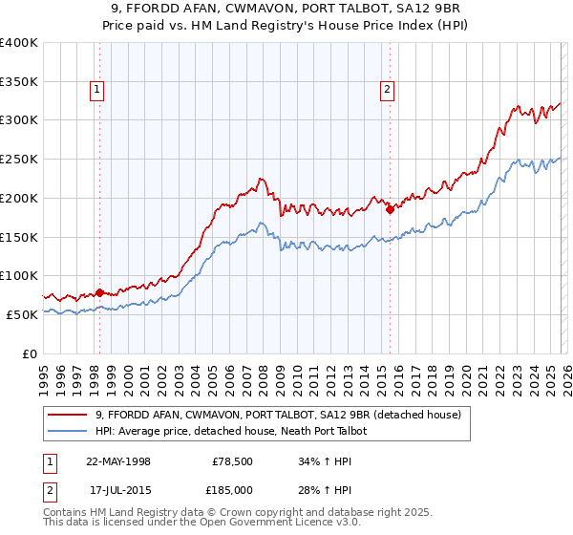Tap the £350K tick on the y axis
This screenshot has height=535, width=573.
click(x=19, y=82)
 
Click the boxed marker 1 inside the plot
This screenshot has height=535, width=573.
click(x=98, y=91)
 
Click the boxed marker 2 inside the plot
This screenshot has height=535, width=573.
click(x=388, y=91)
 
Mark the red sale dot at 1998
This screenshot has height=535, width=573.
click(x=100, y=292)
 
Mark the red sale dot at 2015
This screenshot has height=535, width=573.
click(x=390, y=210)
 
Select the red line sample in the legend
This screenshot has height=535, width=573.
click(x=68, y=415)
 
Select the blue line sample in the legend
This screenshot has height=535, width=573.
click(x=68, y=431)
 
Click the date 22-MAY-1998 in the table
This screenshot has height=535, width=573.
click(x=117, y=460)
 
